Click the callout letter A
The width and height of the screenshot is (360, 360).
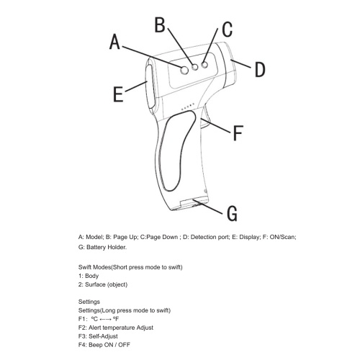(x=114, y=42)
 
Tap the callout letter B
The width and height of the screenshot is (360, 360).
(x=160, y=24)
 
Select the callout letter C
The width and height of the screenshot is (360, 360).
(x=227, y=29)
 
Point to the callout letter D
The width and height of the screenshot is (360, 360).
(x=260, y=69)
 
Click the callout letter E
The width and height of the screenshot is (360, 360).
(x=118, y=94)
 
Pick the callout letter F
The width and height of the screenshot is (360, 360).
(x=238, y=132)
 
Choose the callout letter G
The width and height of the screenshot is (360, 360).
(x=232, y=213)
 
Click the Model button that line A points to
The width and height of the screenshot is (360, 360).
(x=184, y=70)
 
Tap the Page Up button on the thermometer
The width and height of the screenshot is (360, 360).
(x=195, y=67)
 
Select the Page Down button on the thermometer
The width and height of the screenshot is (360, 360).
(x=204, y=65)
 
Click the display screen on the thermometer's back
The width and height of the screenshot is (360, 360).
(x=149, y=86)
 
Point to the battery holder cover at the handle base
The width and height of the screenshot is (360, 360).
(x=194, y=204)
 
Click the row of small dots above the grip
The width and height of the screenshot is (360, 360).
(x=188, y=107)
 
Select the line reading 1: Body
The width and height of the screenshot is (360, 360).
(x=89, y=276)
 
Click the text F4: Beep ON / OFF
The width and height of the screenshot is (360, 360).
(x=104, y=345)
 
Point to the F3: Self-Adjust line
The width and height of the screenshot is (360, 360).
(x=98, y=336)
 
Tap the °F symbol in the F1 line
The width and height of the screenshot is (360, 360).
(x=116, y=319)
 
